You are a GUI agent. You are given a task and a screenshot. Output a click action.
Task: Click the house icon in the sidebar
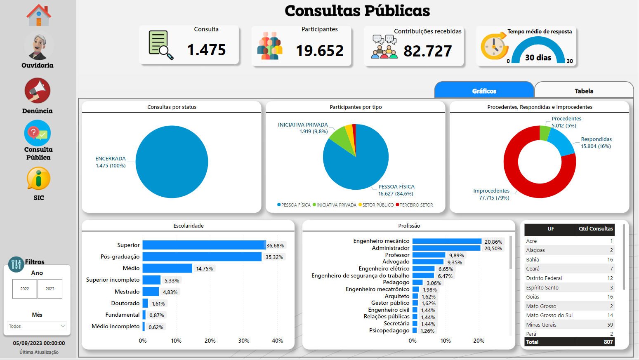[38, 15]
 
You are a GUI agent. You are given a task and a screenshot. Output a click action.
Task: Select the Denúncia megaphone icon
[38, 90]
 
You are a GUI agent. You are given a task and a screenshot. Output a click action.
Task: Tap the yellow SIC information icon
[38, 179]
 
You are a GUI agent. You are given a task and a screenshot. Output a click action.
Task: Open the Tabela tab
[584, 91]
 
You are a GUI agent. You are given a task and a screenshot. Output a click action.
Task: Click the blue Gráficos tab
[484, 91]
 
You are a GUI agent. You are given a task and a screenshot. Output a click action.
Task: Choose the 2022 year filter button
[25, 289]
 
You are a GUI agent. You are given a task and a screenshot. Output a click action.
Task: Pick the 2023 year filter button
[50, 289]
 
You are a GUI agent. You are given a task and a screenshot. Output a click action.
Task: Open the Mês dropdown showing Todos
[37, 326]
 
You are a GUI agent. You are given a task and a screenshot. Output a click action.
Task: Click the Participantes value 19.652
[320, 51]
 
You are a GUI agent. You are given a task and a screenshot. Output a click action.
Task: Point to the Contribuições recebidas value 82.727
[427, 51]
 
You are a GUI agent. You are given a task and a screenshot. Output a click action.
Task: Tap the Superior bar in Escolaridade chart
[204, 245]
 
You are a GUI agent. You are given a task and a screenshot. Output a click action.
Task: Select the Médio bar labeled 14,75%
[167, 268]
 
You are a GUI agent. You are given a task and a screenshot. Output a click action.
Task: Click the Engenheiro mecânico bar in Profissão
[447, 241]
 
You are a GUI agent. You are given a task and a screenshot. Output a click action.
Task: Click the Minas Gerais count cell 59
[610, 325]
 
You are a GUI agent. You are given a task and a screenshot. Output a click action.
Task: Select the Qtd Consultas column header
[595, 229]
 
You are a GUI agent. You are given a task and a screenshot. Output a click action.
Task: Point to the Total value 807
[608, 342]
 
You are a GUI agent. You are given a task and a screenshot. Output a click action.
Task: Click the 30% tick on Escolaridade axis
[244, 341]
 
